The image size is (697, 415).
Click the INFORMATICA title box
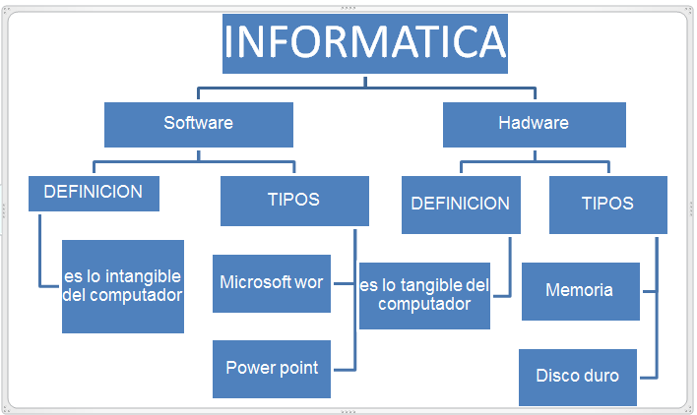[x=365, y=43]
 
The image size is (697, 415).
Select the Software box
[x=199, y=124]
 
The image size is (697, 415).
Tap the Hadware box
[x=534, y=124]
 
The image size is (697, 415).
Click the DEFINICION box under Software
[x=94, y=193]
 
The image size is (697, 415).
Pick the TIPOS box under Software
[x=294, y=201]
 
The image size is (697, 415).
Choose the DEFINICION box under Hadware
[x=461, y=205]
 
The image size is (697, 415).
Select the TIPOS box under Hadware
[x=607, y=205]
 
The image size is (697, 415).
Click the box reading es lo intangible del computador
[x=123, y=285]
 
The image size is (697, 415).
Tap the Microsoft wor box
[x=272, y=283]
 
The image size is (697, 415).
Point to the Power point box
[x=272, y=369]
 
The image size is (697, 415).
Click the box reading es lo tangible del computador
[x=424, y=295]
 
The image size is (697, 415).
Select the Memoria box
[x=580, y=291]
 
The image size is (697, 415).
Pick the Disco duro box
[x=578, y=376]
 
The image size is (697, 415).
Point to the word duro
[x=601, y=376]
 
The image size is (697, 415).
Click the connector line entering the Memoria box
[x=647, y=292]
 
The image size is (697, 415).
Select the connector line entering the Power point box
[x=342, y=369]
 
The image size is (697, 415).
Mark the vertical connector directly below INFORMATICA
[x=365, y=82]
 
